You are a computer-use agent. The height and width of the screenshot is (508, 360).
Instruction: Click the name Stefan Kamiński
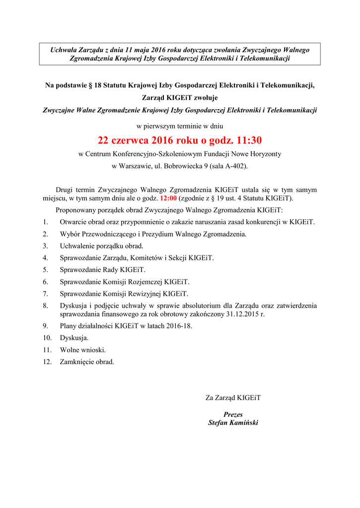coord(233,423)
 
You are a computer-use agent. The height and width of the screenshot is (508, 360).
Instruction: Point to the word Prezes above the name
coord(233,414)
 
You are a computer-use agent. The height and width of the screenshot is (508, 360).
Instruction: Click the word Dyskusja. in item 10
coord(74,338)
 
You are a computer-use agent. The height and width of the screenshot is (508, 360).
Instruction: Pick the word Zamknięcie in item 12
coord(78,362)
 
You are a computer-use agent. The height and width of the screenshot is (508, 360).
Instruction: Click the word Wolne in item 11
coord(70,350)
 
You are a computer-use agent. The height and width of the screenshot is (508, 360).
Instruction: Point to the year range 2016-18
coord(176,326)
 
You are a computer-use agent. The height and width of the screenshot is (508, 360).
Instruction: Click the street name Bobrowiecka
coord(183,166)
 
